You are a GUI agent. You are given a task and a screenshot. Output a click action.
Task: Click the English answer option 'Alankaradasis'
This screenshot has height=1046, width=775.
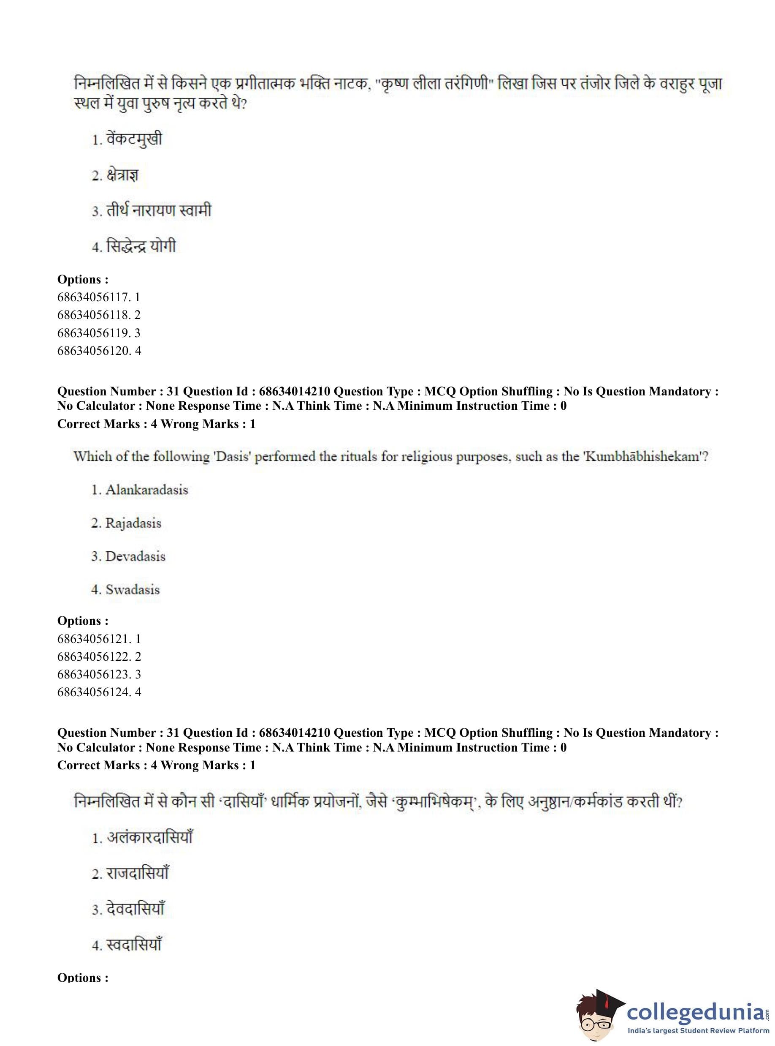click(x=146, y=490)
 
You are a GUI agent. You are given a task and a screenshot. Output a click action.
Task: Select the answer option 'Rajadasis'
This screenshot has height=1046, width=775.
click(x=133, y=523)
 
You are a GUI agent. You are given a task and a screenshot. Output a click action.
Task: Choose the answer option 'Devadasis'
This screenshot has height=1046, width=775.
click(x=135, y=556)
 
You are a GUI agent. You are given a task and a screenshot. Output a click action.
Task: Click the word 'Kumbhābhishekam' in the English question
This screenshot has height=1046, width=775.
click(x=643, y=456)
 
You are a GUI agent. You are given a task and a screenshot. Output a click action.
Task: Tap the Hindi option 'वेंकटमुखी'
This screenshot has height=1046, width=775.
click(x=134, y=139)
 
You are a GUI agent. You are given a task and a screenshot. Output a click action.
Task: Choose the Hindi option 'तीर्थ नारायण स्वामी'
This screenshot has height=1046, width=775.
click(x=159, y=210)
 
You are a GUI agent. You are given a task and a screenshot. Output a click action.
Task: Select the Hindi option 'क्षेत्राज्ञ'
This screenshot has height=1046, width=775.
click(x=122, y=175)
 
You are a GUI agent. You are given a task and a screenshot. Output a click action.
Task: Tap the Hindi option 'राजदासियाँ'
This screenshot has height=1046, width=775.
click(x=138, y=873)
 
